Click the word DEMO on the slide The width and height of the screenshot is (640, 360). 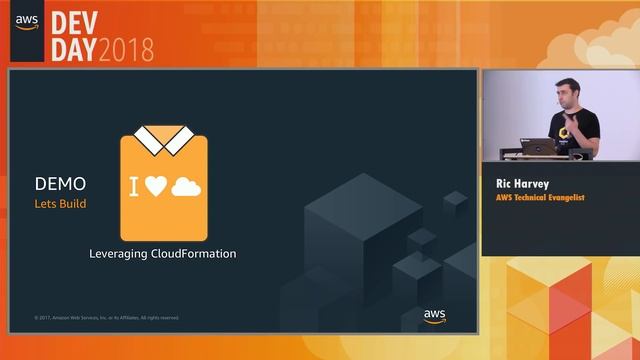click(x=60, y=184)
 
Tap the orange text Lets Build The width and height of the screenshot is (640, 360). click(x=60, y=204)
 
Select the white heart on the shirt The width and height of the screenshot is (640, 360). click(x=155, y=186)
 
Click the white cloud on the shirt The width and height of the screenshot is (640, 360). click(x=186, y=186)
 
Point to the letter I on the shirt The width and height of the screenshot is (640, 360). click(x=133, y=186)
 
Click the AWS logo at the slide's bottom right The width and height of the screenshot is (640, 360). click(x=434, y=316)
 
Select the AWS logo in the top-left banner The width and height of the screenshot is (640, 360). click(x=27, y=24)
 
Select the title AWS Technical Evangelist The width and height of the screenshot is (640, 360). click(x=540, y=198)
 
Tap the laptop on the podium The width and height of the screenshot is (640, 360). click(x=539, y=147)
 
